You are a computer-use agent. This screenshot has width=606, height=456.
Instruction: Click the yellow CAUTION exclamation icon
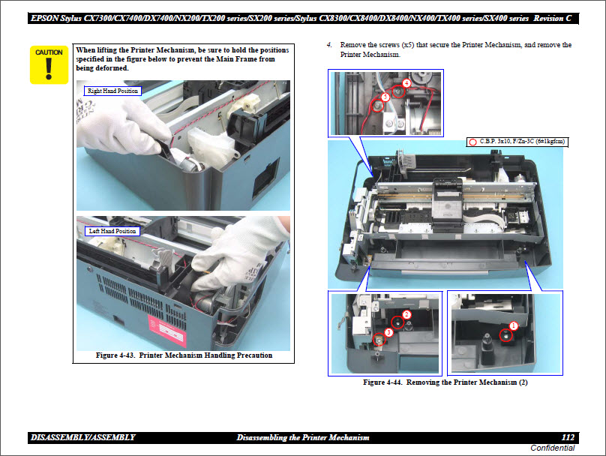point(49,64)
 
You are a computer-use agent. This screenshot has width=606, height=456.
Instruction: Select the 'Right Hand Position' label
point(112,91)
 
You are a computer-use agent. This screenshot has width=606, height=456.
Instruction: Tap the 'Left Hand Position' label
point(112,231)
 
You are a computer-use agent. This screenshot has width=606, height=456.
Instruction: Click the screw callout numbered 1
point(514,325)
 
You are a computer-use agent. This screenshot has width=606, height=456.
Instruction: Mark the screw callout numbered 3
point(388,331)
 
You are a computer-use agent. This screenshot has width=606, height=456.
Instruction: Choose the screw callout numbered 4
point(406,83)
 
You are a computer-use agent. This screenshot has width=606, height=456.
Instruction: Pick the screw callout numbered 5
point(385,97)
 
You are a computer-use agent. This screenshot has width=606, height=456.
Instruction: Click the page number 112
point(568,437)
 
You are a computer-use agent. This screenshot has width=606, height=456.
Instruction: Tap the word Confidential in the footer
point(552,448)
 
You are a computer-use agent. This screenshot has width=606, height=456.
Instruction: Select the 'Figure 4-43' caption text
point(184,355)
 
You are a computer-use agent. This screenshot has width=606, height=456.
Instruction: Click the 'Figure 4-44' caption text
point(446,382)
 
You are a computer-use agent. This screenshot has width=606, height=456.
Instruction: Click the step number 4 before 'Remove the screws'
point(328,46)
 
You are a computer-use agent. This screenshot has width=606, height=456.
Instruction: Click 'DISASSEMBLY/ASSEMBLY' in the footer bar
point(83,437)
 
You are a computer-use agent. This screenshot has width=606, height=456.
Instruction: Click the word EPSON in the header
point(47,17)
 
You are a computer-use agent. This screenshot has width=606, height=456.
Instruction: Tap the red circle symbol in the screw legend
point(472,141)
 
